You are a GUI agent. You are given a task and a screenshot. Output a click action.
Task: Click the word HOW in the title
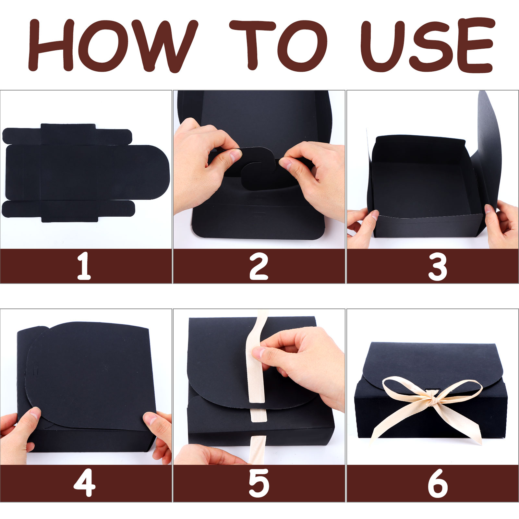pos(113,45)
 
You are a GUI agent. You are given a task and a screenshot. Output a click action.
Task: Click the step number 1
pos(84,267)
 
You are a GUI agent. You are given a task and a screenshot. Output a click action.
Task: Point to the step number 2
pos(259,267)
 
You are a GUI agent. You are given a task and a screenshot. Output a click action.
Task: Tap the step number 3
pos(438,267)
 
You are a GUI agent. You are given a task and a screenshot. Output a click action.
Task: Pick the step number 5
pos(259,483)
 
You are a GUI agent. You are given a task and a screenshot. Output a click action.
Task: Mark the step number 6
pos(438,483)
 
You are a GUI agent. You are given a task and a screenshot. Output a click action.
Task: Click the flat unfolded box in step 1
pos(86,173)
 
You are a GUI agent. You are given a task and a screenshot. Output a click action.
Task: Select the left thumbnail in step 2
pos(236,156)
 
